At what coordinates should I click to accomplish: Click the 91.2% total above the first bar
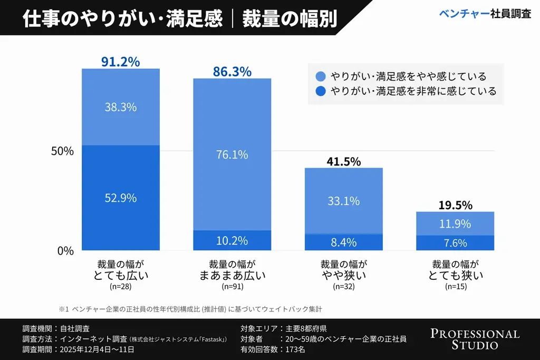[120, 62]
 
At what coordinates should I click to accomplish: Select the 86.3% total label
[232, 72]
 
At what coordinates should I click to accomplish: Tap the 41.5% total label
[343, 162]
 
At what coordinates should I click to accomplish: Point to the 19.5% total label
[455, 205]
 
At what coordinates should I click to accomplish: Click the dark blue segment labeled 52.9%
[120, 198]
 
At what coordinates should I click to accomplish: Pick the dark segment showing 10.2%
[232, 241]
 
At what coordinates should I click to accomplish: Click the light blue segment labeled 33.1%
[343, 201]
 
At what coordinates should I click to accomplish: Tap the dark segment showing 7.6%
[455, 243]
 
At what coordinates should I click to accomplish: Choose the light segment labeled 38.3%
[120, 107]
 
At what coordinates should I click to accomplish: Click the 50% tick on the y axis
[62, 151]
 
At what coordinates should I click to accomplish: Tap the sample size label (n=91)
[232, 287]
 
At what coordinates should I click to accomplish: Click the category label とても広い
[120, 275]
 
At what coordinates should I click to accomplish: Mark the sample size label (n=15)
[455, 287]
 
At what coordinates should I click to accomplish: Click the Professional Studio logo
[475, 339]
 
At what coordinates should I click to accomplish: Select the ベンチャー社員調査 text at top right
[485, 14]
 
